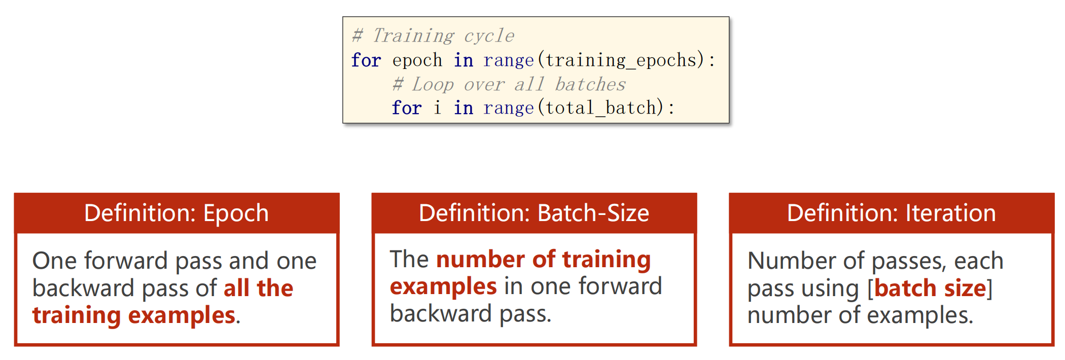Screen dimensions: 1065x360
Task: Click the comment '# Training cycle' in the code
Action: (x=433, y=35)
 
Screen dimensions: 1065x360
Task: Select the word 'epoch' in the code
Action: (x=417, y=60)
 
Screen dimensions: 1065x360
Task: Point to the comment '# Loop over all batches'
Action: (x=509, y=84)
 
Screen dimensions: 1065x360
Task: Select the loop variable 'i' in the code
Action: (x=437, y=107)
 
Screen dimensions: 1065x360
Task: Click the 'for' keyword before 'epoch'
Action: (x=366, y=60)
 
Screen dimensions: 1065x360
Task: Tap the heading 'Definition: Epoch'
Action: (x=176, y=213)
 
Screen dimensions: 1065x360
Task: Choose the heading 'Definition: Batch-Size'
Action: (x=534, y=213)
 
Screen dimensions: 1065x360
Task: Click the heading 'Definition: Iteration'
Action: (x=892, y=213)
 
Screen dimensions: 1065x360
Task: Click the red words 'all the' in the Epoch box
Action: (x=259, y=288)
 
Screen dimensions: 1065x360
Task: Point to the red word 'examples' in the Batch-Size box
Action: (x=443, y=286)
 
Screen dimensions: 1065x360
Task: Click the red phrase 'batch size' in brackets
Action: (x=930, y=288)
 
